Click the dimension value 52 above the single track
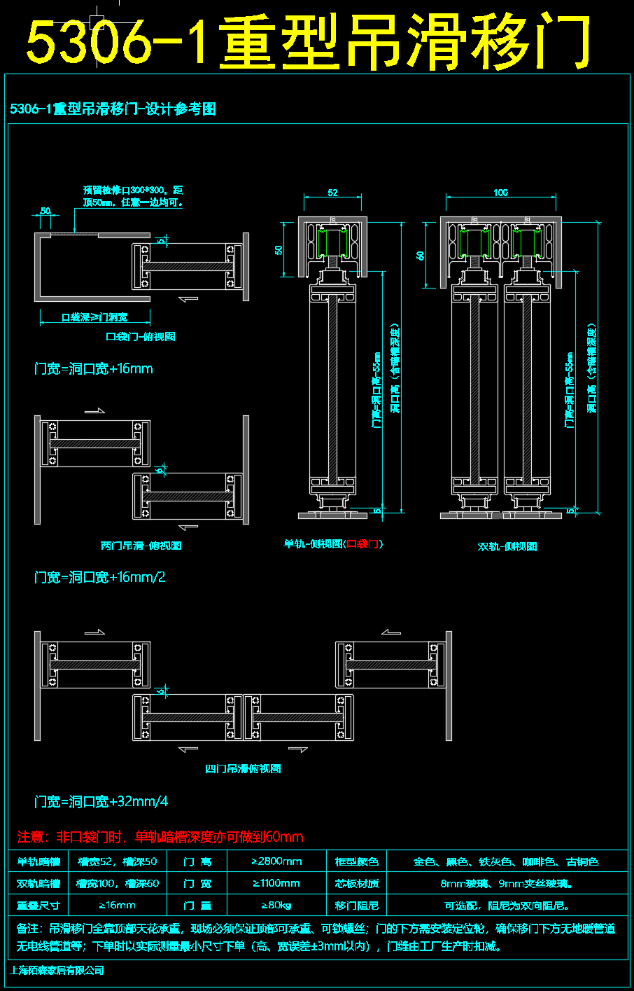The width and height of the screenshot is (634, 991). pyautogui.click(x=332, y=193)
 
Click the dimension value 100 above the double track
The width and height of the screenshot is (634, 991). pyautogui.click(x=500, y=193)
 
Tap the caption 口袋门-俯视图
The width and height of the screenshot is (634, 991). pyautogui.click(x=141, y=337)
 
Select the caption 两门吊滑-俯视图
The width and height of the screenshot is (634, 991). pyautogui.click(x=141, y=546)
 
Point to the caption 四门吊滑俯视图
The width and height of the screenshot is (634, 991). pyautogui.click(x=243, y=769)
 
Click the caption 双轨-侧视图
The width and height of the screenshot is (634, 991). pyautogui.click(x=507, y=546)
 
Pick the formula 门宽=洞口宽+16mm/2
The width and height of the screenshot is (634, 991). pyautogui.click(x=100, y=578)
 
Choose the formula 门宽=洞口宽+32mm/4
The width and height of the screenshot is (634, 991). pyautogui.click(x=101, y=802)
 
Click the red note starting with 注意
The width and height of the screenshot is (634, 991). pyautogui.click(x=160, y=837)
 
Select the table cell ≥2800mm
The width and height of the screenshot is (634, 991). pyautogui.click(x=277, y=861)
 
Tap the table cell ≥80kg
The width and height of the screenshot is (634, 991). pyautogui.click(x=277, y=906)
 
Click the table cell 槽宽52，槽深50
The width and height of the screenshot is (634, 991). pyautogui.click(x=118, y=861)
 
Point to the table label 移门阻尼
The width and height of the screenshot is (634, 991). pyautogui.click(x=356, y=906)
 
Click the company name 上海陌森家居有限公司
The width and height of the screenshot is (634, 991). pyautogui.click(x=57, y=970)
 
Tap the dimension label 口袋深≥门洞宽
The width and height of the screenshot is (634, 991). pyautogui.click(x=94, y=317)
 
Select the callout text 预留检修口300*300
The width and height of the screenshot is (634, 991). pyautogui.click(x=133, y=190)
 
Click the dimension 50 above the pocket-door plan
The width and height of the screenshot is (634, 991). pyautogui.click(x=45, y=211)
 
